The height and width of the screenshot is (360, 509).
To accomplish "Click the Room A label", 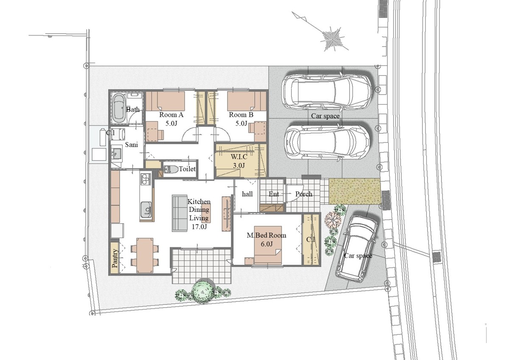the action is coord(171,115).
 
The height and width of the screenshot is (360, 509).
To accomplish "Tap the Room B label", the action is coord(241,115).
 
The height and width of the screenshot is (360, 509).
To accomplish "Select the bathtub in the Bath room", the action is coord(119,108).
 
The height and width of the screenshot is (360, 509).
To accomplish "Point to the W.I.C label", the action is coord(239,157).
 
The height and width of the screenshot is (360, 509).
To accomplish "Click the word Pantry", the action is coord(115,258).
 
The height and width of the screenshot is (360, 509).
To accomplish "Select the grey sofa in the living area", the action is coord(179,213).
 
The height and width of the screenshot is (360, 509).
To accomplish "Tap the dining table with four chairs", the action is coord(145,255).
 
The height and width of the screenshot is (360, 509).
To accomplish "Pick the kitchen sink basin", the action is coord(145,210).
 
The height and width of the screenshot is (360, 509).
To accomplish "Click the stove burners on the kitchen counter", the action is coord(145,179).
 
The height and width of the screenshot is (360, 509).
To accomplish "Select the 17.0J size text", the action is coord(199,227).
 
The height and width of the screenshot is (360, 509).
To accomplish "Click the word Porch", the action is coord(304,194).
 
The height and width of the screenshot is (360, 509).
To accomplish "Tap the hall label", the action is coord(247,194).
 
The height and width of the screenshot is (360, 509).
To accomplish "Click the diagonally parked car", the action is coord(357,249).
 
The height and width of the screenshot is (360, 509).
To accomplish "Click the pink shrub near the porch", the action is coord(333,219).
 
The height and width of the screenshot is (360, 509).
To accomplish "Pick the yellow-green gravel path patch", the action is coord(355,191).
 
